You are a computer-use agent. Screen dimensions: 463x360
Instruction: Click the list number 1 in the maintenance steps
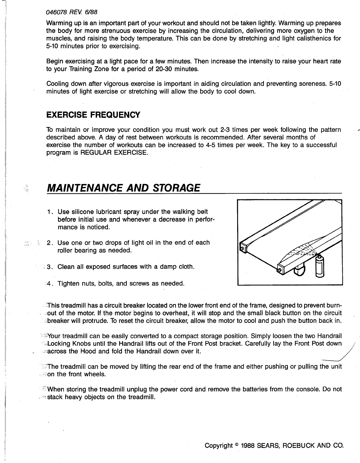tap(49, 212)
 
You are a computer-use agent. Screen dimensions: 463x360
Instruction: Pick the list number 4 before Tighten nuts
tap(49, 284)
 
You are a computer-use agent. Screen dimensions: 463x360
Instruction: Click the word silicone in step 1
tap(79, 212)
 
